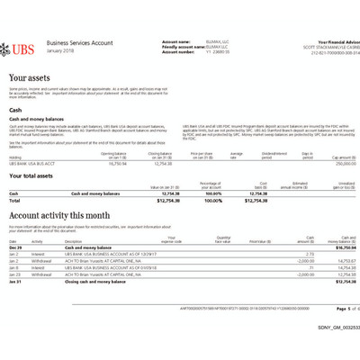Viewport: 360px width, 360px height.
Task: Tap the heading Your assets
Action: pos(31,78)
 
